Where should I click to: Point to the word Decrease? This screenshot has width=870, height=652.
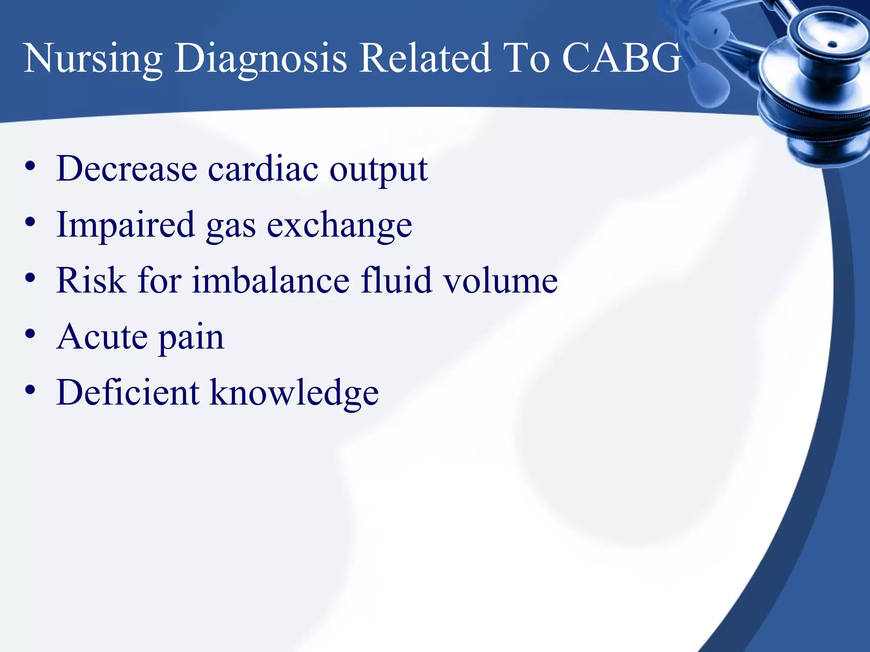[x=127, y=169]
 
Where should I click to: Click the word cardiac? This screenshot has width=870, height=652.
[x=263, y=169]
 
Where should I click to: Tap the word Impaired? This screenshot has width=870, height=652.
[x=126, y=225]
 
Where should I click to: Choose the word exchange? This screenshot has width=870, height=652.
[x=339, y=225]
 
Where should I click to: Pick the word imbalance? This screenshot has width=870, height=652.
[x=271, y=281]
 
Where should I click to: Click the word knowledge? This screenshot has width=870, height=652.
[x=294, y=393]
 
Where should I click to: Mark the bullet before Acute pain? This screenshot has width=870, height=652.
[x=30, y=334]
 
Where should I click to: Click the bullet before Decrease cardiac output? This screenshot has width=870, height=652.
[x=30, y=166]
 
